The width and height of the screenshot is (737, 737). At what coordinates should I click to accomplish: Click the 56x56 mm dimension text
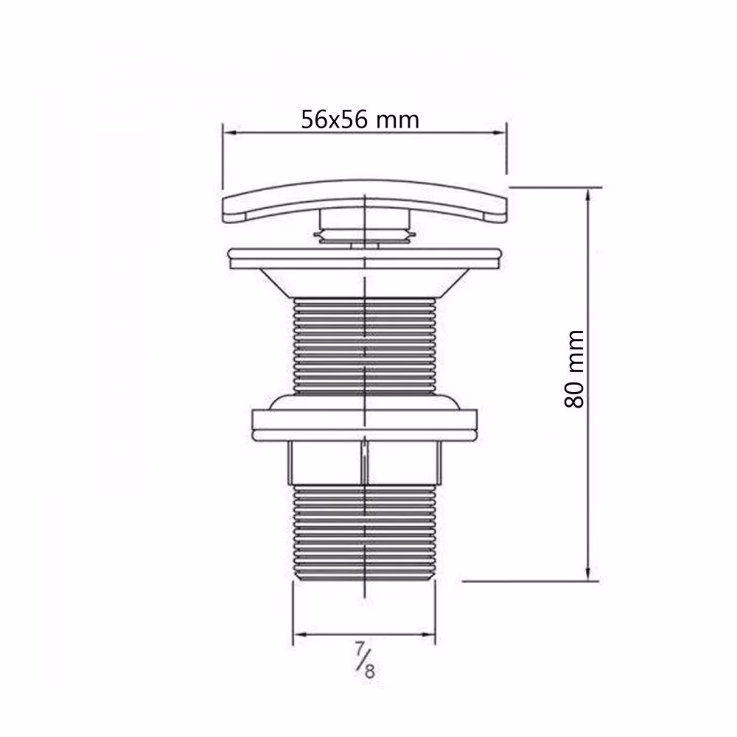360,120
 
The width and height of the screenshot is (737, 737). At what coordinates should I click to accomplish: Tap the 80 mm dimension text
574,369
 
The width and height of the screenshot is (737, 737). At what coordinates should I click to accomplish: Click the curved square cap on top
365,200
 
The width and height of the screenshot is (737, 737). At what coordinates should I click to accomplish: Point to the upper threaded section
365,346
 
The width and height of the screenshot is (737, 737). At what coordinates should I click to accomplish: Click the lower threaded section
364,533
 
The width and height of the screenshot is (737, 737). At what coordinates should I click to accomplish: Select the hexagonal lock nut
364,463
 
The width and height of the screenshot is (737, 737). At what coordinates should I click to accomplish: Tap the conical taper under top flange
364,283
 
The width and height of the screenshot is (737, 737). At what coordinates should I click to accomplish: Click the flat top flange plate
365,259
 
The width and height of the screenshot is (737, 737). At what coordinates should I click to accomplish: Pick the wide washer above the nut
365,425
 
